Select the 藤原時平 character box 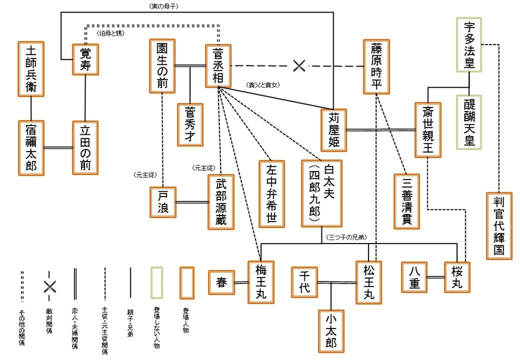(376, 66)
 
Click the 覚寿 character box (85, 59)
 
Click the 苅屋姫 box (333, 130)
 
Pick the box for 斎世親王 (428, 130)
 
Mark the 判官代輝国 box (498, 224)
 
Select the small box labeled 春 (220, 282)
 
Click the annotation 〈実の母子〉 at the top (164, 5)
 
